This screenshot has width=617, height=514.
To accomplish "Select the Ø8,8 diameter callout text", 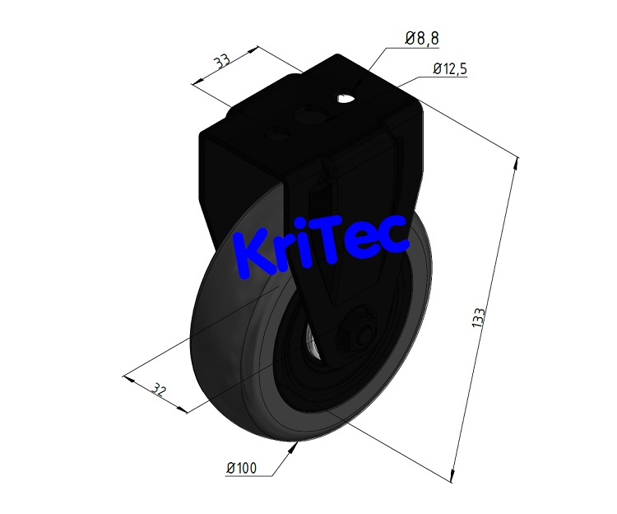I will pyautogui.click(x=422, y=38).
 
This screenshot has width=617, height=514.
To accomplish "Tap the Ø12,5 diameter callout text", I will pyautogui.click(x=448, y=71).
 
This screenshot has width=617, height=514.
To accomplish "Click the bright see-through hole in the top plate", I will pyautogui.click(x=346, y=100).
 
